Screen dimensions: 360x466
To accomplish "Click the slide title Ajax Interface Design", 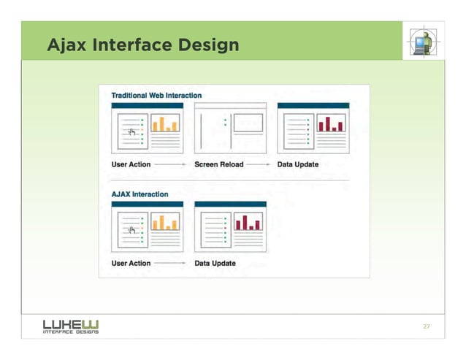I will [x=142, y=46].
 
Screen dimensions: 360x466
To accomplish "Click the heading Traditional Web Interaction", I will [x=156, y=96].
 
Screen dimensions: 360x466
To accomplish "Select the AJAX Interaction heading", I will [x=140, y=194].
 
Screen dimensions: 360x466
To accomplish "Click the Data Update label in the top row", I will [x=298, y=164].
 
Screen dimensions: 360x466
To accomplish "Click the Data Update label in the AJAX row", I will [x=215, y=263].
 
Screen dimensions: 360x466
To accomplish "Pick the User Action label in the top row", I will [x=131, y=164].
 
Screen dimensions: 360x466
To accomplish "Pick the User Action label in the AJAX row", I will [x=131, y=263].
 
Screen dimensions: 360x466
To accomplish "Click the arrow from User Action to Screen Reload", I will [x=172, y=165].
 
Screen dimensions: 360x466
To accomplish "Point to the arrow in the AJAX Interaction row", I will [x=172, y=264].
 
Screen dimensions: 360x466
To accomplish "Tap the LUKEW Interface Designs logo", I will [x=71, y=326].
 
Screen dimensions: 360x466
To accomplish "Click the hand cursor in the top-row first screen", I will [x=131, y=131].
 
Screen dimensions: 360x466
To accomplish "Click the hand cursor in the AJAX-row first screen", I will [x=131, y=231].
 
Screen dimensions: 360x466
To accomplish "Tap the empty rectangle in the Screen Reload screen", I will [x=248, y=122].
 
